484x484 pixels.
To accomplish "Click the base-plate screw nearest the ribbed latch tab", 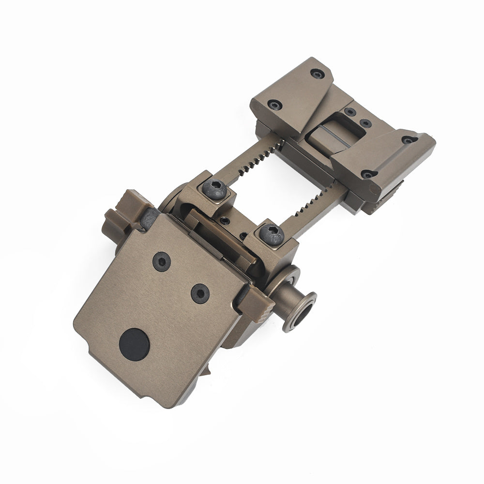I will tap(199, 291).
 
